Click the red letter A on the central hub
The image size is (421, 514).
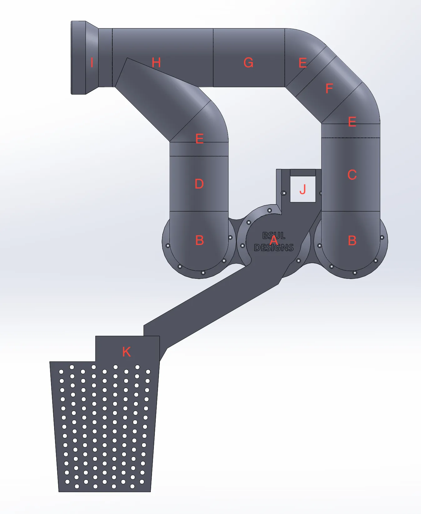274,241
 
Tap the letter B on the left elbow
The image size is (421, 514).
200,241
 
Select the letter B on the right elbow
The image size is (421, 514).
352,241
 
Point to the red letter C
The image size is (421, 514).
352,175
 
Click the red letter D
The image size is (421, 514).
199,184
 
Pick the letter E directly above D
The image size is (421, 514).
199,138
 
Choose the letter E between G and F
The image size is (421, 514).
302,63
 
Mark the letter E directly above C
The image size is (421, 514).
352,122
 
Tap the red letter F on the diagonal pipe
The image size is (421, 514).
329,89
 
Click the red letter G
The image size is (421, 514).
248,63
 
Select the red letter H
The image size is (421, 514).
156,63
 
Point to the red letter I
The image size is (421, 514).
92,63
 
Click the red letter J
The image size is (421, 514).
302,190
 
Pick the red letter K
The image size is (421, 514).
126,352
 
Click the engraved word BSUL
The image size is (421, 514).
274,235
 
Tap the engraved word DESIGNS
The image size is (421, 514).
274,248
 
